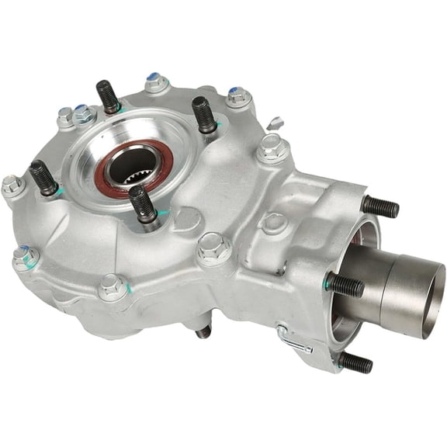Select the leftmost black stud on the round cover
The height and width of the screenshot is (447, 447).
tap(43, 178)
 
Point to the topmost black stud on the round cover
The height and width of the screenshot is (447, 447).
tap(108, 96)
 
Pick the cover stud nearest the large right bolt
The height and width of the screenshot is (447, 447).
tap(205, 114)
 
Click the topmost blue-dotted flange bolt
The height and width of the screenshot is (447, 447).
tap(156, 82)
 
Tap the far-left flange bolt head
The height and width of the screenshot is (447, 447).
tap(12, 185)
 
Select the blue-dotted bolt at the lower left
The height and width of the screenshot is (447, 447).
tap(26, 257)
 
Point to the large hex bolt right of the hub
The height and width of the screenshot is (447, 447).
tap(272, 147)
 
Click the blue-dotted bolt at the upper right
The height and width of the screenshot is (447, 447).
tap(239, 96)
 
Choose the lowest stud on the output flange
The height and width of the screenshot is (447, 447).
tap(355, 362)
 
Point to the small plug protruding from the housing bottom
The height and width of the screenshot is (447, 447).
tap(203, 331)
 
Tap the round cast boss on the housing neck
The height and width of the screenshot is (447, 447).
tap(273, 223)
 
